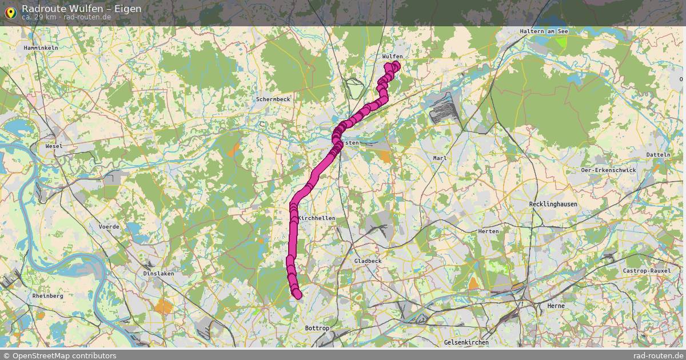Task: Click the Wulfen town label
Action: click(393, 57)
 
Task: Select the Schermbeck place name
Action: click(273, 99)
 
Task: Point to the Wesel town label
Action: click(54, 146)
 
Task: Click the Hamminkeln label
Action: click(41, 48)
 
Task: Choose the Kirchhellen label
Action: click(317, 218)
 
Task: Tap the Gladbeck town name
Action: click(368, 261)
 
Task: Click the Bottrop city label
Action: click(317, 328)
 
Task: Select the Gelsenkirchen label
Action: click(466, 342)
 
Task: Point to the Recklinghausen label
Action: click(553, 204)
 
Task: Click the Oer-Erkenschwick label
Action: click(608, 170)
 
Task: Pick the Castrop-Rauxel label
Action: click(647, 271)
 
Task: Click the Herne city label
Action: click(556, 306)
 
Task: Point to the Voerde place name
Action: click(109, 227)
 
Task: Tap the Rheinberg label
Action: click(48, 296)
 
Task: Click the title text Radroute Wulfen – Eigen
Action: click(81, 9)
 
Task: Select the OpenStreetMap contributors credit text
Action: click(59, 355)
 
